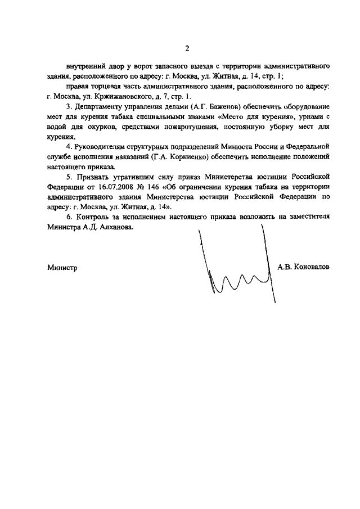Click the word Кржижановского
pos(122,96)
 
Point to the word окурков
pos(97,127)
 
